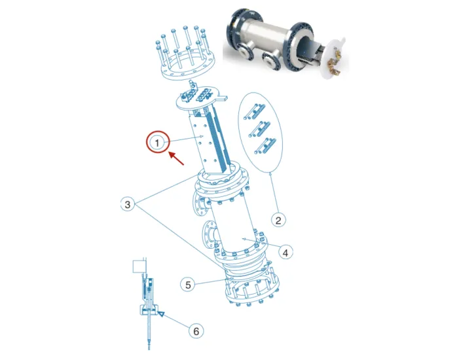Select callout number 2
point(278,220)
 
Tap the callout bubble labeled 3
point(129,205)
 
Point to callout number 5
point(188,285)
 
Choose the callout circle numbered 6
point(195,331)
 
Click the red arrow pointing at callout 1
point(176,160)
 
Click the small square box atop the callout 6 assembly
point(139,266)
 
